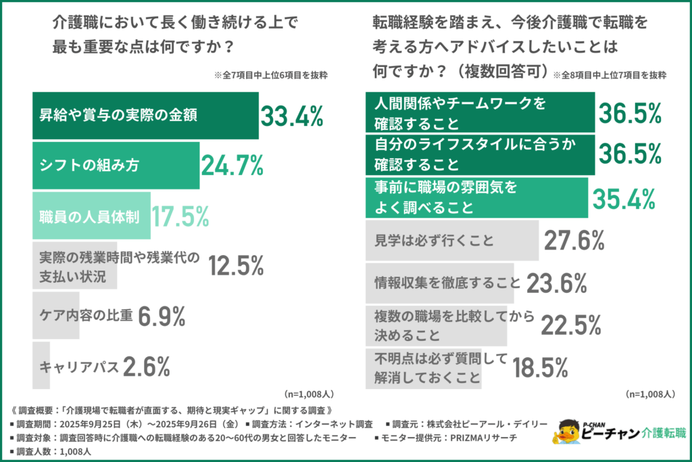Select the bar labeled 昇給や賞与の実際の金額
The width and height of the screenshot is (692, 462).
(x=145, y=116)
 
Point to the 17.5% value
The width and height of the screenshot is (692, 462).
(x=180, y=216)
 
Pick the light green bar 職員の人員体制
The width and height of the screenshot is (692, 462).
(x=91, y=216)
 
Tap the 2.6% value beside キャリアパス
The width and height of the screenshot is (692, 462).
(x=147, y=366)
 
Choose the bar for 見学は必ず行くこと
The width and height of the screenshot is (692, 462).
(x=452, y=240)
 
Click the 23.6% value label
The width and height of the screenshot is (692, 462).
(x=556, y=282)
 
